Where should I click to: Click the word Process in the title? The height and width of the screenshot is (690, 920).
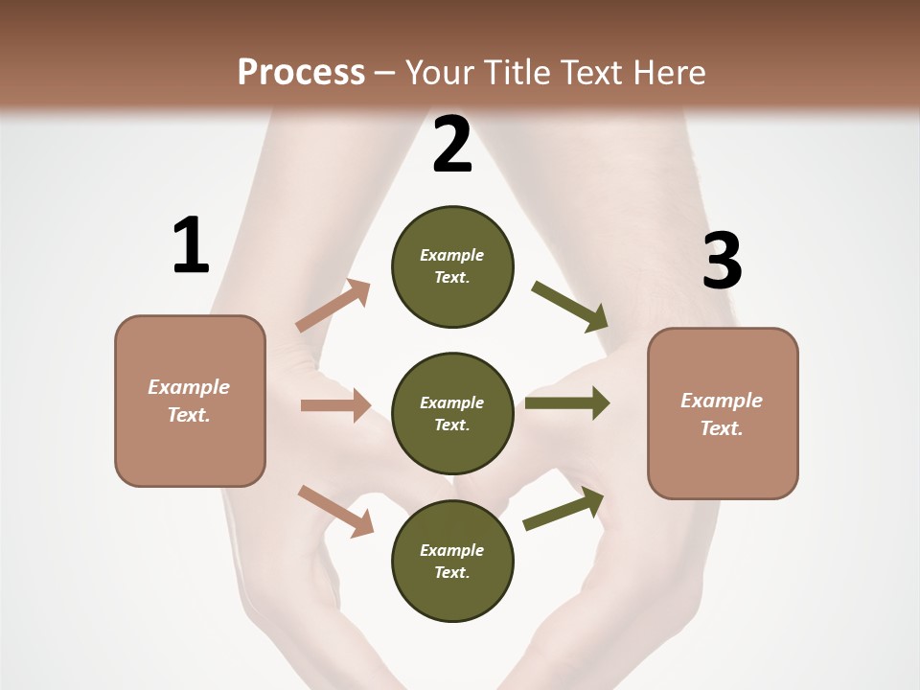click(x=301, y=73)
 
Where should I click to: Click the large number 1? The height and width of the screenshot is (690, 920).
click(x=191, y=245)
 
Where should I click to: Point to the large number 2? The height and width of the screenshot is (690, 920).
click(x=452, y=145)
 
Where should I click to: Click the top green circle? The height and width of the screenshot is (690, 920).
click(x=452, y=266)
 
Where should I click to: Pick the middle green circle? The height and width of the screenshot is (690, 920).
click(x=452, y=413)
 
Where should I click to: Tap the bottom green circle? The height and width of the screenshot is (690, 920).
click(x=452, y=561)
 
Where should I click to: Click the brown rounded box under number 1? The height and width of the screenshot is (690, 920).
click(x=190, y=401)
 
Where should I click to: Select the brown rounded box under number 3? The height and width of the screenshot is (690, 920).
click(x=723, y=413)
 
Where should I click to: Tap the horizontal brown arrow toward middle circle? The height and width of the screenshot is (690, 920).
click(x=335, y=405)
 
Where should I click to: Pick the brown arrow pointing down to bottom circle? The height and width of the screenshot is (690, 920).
click(x=335, y=510)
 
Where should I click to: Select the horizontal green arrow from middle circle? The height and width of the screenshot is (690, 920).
click(x=566, y=403)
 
